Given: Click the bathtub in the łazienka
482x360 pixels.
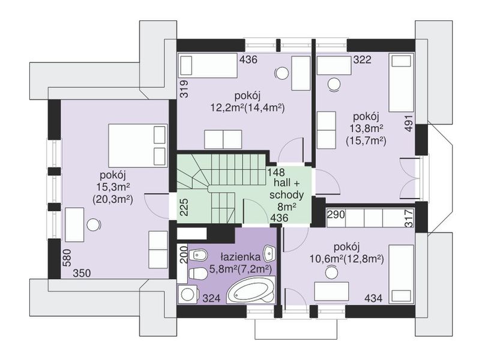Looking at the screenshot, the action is point(251,290).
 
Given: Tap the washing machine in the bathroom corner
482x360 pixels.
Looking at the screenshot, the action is point(187,294).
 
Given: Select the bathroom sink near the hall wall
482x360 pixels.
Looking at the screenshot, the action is point(270,253).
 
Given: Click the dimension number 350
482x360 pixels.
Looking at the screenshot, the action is point(82,273).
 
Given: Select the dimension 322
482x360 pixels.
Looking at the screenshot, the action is point(362,59).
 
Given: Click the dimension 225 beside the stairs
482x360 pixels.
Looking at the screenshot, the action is point(184,207).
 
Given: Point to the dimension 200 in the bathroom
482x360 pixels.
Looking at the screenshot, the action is point(184,254).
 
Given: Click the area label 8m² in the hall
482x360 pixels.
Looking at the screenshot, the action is point(287,206).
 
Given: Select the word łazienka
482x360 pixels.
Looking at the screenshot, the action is point(241,256).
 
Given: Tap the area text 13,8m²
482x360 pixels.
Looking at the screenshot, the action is point(365,129).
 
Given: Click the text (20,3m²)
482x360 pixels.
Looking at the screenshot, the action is point(112,200).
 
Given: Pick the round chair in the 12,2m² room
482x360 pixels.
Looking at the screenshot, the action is point(282,73).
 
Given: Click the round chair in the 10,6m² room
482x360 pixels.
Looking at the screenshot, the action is point(332,273).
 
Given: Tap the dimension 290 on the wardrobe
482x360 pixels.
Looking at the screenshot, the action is point(336,214).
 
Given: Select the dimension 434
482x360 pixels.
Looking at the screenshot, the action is point(373,298).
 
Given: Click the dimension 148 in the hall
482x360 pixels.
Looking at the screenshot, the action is point(276,172).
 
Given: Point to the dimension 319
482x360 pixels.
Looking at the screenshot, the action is point(184,89).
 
